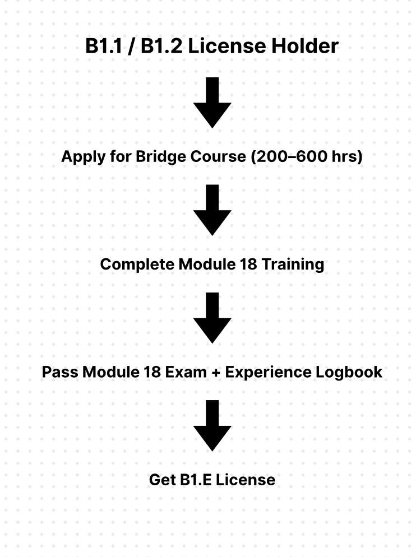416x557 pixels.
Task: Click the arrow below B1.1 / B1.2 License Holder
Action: click(212, 103)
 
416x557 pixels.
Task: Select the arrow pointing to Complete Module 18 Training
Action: click(212, 210)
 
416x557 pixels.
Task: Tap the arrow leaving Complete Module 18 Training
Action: click(212, 318)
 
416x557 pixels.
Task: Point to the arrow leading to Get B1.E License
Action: click(212, 425)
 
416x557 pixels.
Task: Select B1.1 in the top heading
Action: click(104, 46)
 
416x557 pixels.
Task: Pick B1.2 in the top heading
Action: click(161, 46)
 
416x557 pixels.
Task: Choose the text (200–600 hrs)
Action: click(307, 157)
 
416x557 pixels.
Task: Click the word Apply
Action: click(84, 157)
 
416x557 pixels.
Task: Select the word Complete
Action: click(137, 264)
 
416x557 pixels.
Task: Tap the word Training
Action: click(293, 264)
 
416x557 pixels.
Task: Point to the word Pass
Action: click(60, 372)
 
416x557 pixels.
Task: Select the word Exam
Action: click(186, 372)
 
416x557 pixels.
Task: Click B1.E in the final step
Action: click(196, 480)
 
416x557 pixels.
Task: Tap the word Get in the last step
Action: click(163, 480)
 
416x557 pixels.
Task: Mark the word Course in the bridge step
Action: click(218, 157)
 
